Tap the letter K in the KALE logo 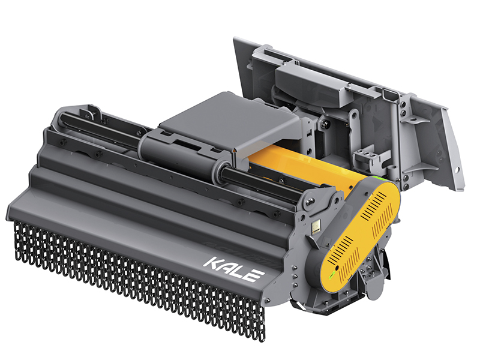click(x=213, y=264)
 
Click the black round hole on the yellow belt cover click(x=337, y=268)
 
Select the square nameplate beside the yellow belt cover click(x=316, y=227)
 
